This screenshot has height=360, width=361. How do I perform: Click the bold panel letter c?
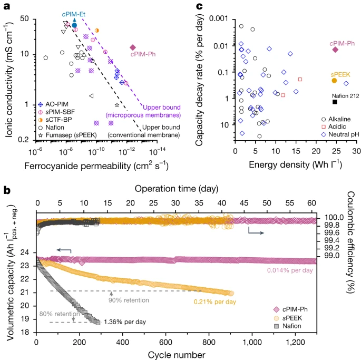[x=199, y=6]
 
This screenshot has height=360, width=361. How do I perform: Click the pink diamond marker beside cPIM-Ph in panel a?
[x=133, y=47]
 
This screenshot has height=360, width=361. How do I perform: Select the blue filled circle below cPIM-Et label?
[x=74, y=25]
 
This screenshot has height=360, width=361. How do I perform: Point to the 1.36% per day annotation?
[x=124, y=322]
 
